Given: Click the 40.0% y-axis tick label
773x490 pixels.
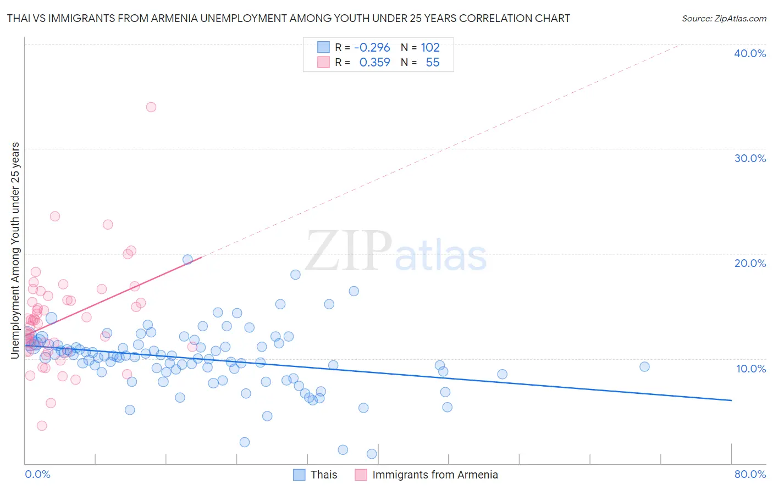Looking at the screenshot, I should pyautogui.click(x=750, y=53).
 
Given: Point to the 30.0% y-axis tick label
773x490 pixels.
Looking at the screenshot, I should pyautogui.click(x=750, y=158).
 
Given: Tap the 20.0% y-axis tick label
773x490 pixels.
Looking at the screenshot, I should pyautogui.click(x=750, y=263).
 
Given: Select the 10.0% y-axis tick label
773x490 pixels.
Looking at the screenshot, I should pyautogui.click(x=751, y=369).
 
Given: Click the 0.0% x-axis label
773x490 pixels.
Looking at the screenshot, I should pyautogui.click(x=37, y=474).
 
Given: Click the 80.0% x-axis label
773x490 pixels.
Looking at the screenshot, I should pyautogui.click(x=750, y=474).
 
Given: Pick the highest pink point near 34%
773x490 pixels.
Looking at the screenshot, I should pyautogui.click(x=151, y=107).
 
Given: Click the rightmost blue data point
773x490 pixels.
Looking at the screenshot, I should pyautogui.click(x=644, y=366).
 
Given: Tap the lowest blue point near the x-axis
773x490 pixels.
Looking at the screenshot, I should pyautogui.click(x=372, y=454).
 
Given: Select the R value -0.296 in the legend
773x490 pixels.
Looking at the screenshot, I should pyautogui.click(x=372, y=47).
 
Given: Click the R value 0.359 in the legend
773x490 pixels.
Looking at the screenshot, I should pyautogui.click(x=374, y=62).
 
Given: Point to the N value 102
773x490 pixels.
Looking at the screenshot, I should pyautogui.click(x=430, y=47).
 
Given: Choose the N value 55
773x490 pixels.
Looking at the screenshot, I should pyautogui.click(x=433, y=62).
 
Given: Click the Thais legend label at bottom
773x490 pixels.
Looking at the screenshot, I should pyautogui.click(x=324, y=475).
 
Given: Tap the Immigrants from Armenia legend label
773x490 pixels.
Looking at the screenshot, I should pyautogui.click(x=435, y=475).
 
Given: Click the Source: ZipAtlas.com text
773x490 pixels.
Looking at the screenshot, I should pyautogui.click(x=724, y=18).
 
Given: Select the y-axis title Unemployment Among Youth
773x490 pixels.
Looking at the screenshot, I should pyautogui.click(x=15, y=250).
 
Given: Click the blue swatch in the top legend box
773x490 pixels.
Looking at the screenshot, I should pyautogui.click(x=323, y=47).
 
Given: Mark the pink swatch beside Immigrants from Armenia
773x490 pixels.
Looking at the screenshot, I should pyautogui.click(x=361, y=475).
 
